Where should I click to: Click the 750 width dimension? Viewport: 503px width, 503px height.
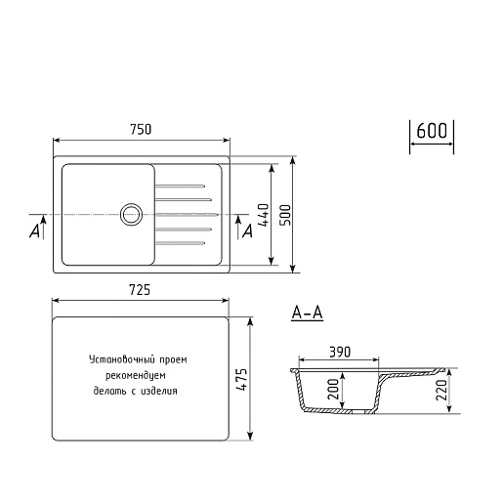141,129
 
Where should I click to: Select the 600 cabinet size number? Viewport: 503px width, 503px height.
432,131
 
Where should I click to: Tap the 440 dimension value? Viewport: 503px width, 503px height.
264,215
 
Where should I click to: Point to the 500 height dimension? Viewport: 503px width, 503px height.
285,215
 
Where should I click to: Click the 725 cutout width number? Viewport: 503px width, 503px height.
140,289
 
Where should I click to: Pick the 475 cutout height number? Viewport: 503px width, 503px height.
242,379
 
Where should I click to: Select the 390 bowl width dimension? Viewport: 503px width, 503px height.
340,352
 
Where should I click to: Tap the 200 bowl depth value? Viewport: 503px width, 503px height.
333,389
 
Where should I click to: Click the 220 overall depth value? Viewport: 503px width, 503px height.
441,390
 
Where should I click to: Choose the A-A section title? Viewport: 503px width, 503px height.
308,314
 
